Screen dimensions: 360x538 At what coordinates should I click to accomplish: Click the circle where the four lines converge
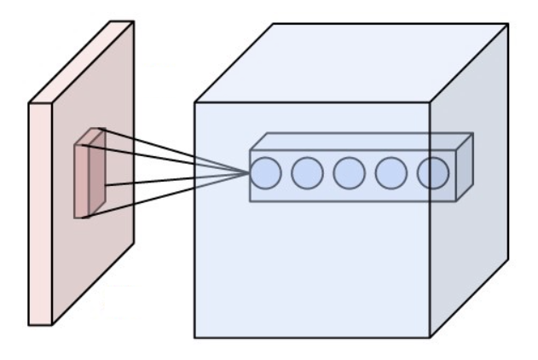pyautogui.click(x=265, y=174)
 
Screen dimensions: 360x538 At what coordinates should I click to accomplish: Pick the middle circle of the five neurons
pyautogui.click(x=350, y=174)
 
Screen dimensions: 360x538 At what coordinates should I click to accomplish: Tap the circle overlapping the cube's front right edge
pyautogui.click(x=432, y=174)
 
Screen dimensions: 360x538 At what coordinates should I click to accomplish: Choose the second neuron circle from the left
pyautogui.click(x=307, y=174)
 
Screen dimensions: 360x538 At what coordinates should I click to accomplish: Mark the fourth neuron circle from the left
pyautogui.click(x=391, y=174)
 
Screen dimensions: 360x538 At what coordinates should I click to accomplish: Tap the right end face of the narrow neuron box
pyautogui.click(x=465, y=167)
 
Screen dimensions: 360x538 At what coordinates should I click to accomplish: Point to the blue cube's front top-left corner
pyautogui.click(x=195, y=103)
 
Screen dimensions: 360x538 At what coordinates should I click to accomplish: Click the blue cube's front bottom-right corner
pyautogui.click(x=430, y=337)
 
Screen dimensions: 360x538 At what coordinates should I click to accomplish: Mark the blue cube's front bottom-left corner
pyautogui.click(x=195, y=337)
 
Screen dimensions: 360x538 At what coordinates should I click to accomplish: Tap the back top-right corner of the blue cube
pyautogui.click(x=508, y=24)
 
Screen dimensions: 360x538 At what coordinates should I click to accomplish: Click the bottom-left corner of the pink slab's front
pyautogui.click(x=29, y=324)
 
